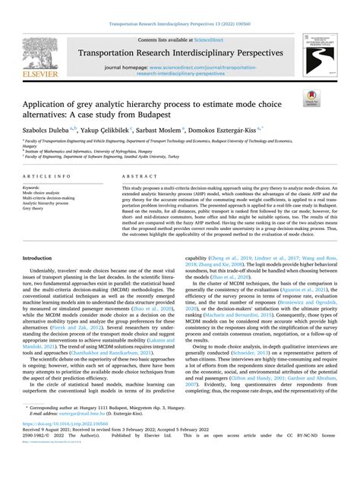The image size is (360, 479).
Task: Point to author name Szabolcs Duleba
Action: click(x=52, y=130)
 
